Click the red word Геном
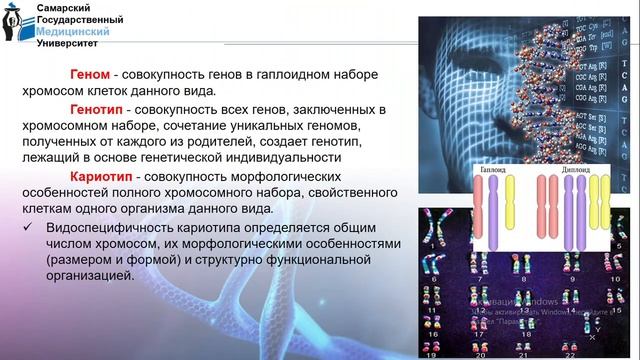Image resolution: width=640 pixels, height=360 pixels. click(x=89, y=74)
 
